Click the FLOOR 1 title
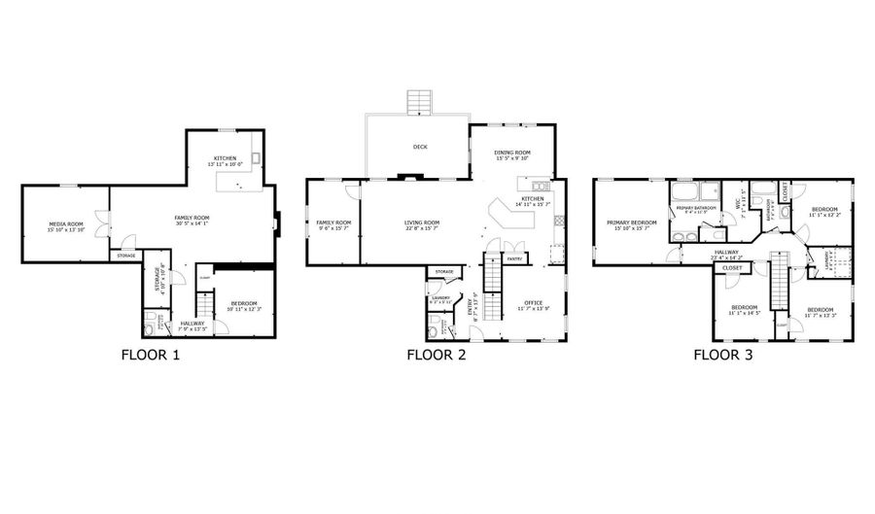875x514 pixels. (150, 355)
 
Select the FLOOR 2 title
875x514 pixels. (437, 355)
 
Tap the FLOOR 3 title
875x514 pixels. (722, 355)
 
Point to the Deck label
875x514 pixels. (420, 147)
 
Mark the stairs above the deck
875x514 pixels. (420, 102)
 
